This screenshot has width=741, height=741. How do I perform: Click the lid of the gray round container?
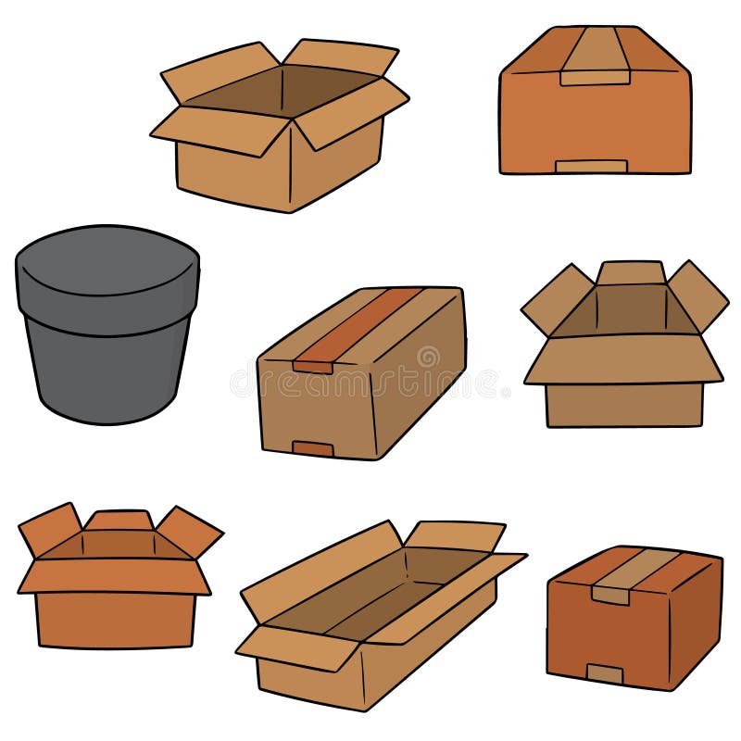coord(107,269)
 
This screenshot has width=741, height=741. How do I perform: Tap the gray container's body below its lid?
coord(107,370)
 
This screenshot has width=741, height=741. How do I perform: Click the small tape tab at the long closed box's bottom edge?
coord(313,448)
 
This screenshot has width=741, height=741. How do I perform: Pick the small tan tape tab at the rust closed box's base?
coord(605,673)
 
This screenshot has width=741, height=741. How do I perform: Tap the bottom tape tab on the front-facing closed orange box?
coord(591,167)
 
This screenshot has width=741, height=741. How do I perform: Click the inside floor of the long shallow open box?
coord(370,597)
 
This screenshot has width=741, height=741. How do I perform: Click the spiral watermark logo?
coord(427,358)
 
